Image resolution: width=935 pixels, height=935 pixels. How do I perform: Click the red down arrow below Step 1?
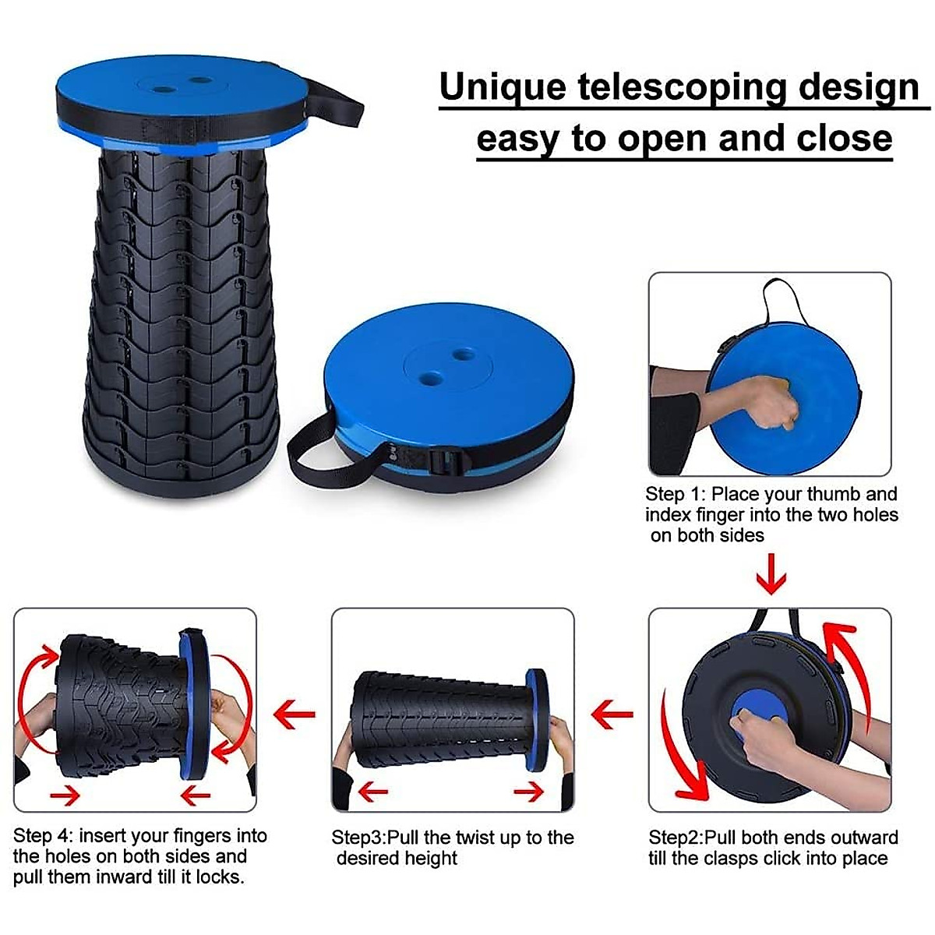[771, 577]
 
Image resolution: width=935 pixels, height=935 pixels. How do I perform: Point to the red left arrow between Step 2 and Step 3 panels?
[612, 712]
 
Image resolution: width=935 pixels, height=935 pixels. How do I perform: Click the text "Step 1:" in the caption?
[674, 494]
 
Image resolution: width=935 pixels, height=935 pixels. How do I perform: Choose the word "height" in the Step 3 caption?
[430, 858]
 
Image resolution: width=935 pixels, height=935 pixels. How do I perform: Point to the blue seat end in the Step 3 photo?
[537, 718]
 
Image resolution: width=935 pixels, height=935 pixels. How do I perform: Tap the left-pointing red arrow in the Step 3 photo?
[372, 793]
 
